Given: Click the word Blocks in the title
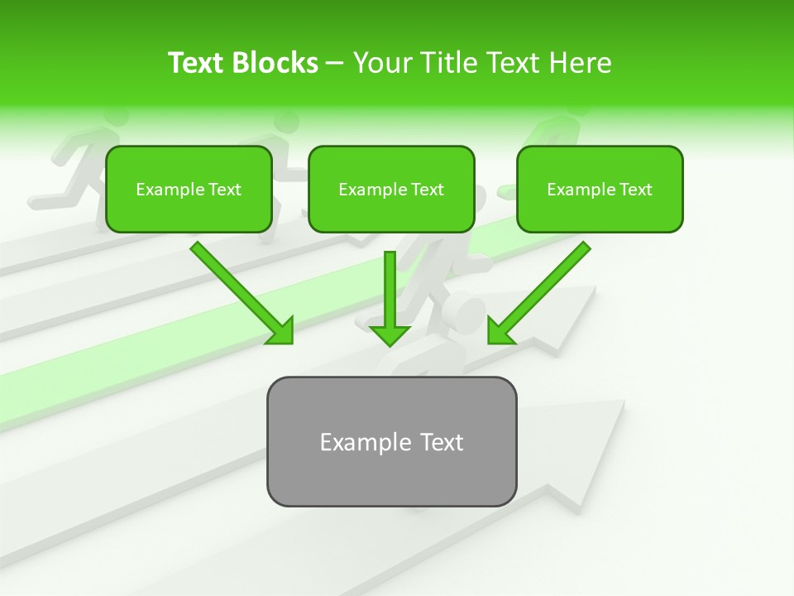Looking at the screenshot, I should click(x=275, y=63).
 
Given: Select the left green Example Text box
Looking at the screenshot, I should click(x=189, y=189).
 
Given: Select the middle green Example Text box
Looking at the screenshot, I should click(x=391, y=189).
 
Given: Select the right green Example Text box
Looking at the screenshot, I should click(x=600, y=189).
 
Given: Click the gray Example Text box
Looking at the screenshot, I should click(x=391, y=441).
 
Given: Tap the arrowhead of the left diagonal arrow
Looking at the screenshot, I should click(x=281, y=331).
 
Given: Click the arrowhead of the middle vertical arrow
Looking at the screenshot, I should click(x=390, y=334).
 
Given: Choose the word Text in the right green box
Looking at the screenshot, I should click(x=636, y=190).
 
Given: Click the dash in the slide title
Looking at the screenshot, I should click(x=335, y=64).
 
